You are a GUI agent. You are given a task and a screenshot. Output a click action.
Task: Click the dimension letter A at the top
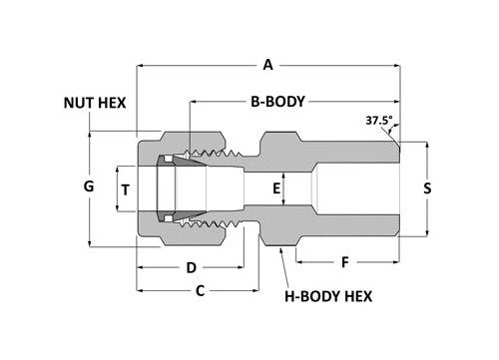point(267,66)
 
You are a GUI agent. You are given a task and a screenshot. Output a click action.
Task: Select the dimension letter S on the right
point(427,187)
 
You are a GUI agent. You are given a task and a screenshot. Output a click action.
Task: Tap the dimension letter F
point(346,263)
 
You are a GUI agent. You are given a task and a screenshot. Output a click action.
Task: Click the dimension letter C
point(199,291)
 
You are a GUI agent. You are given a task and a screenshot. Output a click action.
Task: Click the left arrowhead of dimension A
point(141,66)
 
